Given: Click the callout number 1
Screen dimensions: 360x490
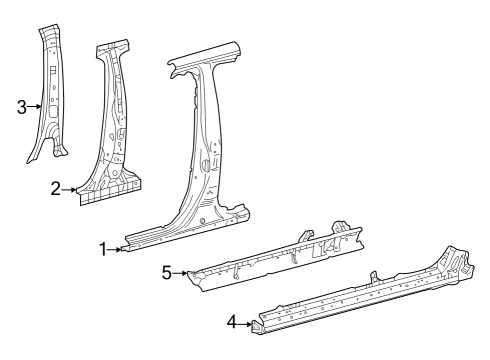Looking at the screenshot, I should click(x=104, y=249).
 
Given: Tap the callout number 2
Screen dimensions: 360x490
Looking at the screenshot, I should click(x=56, y=188).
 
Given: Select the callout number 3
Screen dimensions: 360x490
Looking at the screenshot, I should click(x=22, y=107).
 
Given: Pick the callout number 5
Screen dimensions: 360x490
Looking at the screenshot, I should click(x=167, y=270).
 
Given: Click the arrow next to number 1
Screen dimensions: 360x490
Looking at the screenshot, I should click(x=118, y=250).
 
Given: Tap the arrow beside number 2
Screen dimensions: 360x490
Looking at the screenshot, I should click(x=71, y=189).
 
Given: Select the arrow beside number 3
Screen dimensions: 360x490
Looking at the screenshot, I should click(x=36, y=107).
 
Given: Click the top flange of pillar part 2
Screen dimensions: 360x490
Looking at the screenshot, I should click(x=111, y=47).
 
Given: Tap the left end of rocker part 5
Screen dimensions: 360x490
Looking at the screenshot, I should click(x=196, y=274).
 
